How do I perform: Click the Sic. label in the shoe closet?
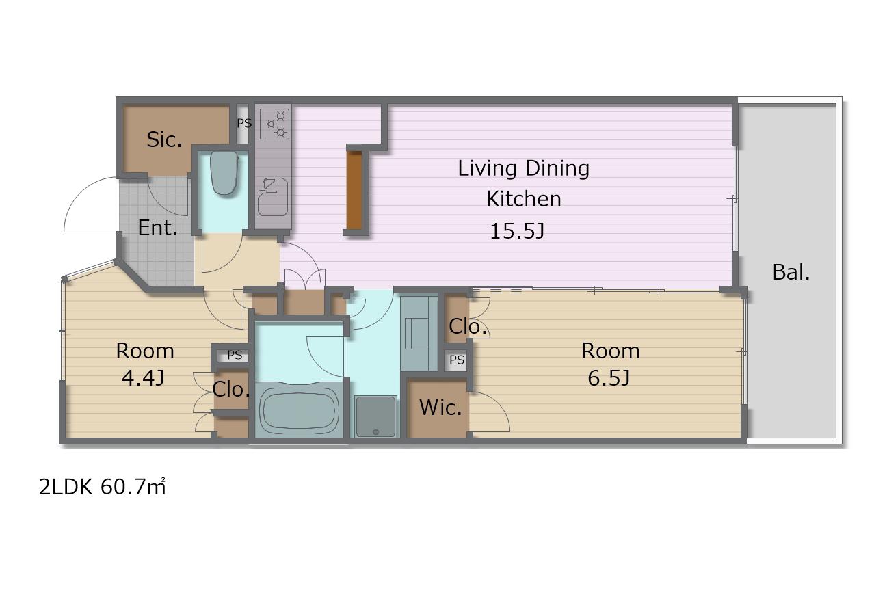pyautogui.click(x=164, y=139)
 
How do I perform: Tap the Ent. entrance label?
pyautogui.click(x=157, y=228)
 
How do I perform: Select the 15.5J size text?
pyautogui.click(x=517, y=231)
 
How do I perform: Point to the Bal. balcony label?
pyautogui.click(x=791, y=272)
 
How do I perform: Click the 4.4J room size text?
pyautogui.click(x=143, y=377)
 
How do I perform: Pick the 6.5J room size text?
pyautogui.click(x=609, y=377)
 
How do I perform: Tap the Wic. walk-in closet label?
pyautogui.click(x=440, y=408)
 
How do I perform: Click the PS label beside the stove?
pyautogui.click(x=244, y=123)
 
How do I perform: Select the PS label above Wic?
pyautogui.click(x=457, y=360)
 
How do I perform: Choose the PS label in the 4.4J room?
pyautogui.click(x=235, y=355)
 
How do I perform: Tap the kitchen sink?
pyautogui.click(x=272, y=197)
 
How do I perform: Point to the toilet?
pyautogui.click(x=224, y=173)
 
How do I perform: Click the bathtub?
pyautogui.click(x=299, y=410)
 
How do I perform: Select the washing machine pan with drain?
pyautogui.click(x=375, y=416)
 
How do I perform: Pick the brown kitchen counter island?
pyautogui.click(x=354, y=190)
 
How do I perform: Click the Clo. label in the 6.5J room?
pyautogui.click(x=467, y=326)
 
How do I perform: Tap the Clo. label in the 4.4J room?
pyautogui.click(x=231, y=389)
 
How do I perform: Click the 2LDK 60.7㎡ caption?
pyautogui.click(x=102, y=487)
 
